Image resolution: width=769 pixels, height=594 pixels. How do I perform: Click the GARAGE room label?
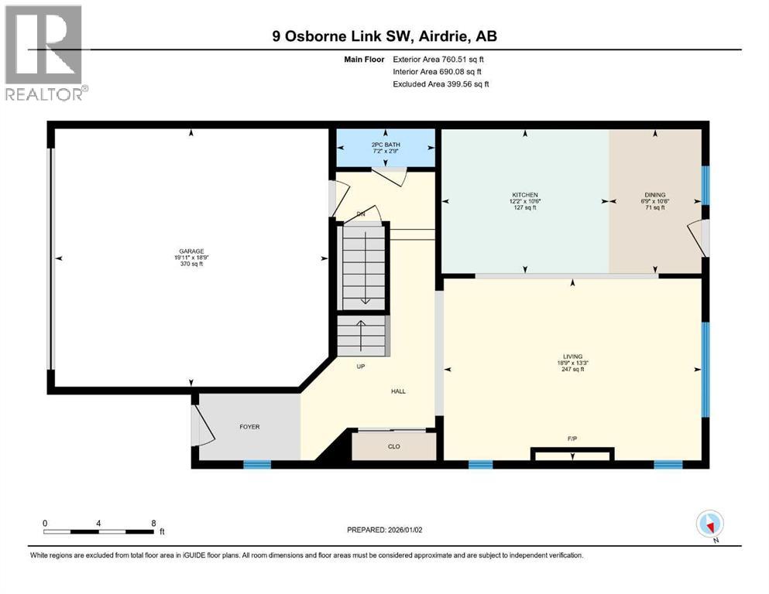191,251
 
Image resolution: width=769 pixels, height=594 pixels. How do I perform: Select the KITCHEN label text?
524,195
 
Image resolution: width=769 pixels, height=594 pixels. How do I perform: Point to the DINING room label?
655,195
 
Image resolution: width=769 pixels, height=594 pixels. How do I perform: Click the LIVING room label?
573,357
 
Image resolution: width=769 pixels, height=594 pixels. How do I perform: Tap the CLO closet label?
394,445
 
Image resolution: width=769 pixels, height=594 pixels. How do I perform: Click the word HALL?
398,391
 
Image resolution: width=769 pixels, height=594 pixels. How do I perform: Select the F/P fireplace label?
572,439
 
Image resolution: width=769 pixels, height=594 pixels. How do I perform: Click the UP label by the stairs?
360,367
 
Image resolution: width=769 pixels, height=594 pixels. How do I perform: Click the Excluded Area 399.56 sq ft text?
441,84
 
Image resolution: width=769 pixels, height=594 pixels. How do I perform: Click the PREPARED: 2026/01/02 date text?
389,530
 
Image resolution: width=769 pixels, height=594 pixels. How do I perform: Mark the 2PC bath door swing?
394,178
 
